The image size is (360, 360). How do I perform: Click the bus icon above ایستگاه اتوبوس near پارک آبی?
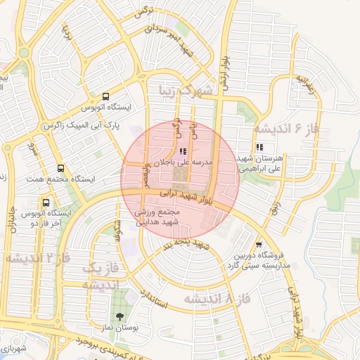tap(105, 97)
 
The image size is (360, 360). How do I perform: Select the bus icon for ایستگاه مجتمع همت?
tap(60, 169)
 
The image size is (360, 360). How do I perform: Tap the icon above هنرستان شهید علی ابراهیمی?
tap(259, 148)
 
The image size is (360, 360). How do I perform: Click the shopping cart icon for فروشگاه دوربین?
tap(259, 243)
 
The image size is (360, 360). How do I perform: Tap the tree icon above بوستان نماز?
tap(118, 316)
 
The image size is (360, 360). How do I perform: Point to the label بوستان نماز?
tap(117, 328)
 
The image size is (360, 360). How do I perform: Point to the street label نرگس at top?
tap(144, 15)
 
